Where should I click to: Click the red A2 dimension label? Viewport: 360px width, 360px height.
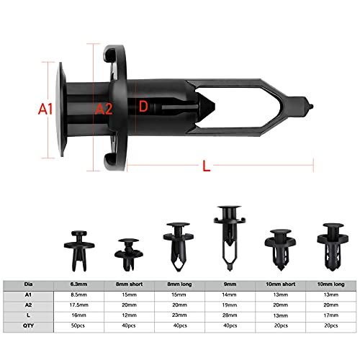pyautogui.click(x=104, y=109)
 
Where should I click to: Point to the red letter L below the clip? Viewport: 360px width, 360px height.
pyautogui.click(x=206, y=166)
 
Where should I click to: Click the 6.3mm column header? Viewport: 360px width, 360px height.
pyautogui.click(x=79, y=284)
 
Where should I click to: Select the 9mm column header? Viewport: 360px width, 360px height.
pyautogui.click(x=229, y=284)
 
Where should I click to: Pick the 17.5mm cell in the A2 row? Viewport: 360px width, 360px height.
pyautogui.click(x=79, y=305)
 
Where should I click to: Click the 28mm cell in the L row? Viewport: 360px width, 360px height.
pyautogui.click(x=229, y=315)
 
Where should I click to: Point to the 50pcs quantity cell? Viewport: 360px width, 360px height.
pyautogui.click(x=79, y=325)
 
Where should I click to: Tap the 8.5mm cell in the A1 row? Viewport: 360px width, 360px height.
pyautogui.click(x=79, y=294)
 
